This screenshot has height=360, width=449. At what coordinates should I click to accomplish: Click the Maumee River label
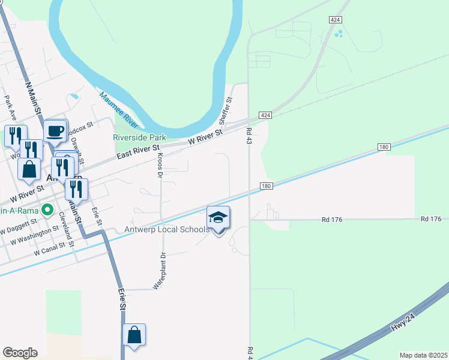pos(118,110)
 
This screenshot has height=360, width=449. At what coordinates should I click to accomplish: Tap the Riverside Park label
pos(140,137)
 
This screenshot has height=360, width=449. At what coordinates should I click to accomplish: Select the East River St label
pos(138,151)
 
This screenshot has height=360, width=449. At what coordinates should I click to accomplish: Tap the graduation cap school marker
pos(218,218)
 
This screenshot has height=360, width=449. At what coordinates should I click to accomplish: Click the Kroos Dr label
pos(160,166)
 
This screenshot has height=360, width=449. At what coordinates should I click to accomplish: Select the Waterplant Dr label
pos(159,271)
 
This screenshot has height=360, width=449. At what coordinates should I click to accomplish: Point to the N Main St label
pos(34,98)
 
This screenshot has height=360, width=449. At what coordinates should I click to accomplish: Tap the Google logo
pos(20,353)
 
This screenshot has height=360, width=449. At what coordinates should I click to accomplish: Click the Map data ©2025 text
pos(423,355)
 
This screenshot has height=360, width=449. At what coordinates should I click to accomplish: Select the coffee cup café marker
pos(55,130)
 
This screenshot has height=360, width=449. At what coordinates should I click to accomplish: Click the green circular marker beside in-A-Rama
pos(45,211)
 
